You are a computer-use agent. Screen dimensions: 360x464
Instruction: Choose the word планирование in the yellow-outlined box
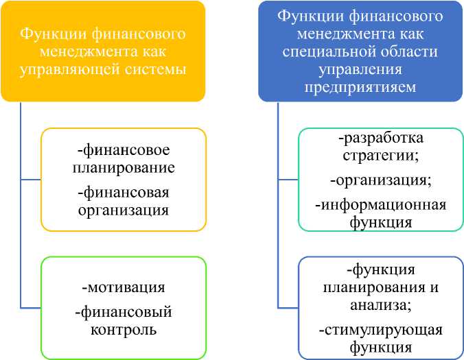(124, 167)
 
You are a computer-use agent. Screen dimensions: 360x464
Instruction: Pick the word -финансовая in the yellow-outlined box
(124, 192)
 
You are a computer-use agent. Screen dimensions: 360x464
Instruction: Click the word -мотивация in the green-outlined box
(124, 287)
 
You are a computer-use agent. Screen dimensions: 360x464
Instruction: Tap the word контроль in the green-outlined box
(124, 329)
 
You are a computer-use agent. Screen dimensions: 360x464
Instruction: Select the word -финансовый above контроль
(124, 312)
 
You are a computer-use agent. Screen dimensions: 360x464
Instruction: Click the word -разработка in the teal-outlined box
(380, 139)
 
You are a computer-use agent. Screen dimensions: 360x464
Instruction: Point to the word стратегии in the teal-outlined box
(379, 155)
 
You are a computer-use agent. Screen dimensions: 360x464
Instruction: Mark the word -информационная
(380, 205)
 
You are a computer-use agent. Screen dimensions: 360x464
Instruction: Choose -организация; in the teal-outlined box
(380, 180)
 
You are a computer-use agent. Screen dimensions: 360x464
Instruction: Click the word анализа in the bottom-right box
(380, 304)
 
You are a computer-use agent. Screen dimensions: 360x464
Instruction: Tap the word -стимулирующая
(380, 330)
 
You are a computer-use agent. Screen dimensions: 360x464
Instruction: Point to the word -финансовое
(124, 150)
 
